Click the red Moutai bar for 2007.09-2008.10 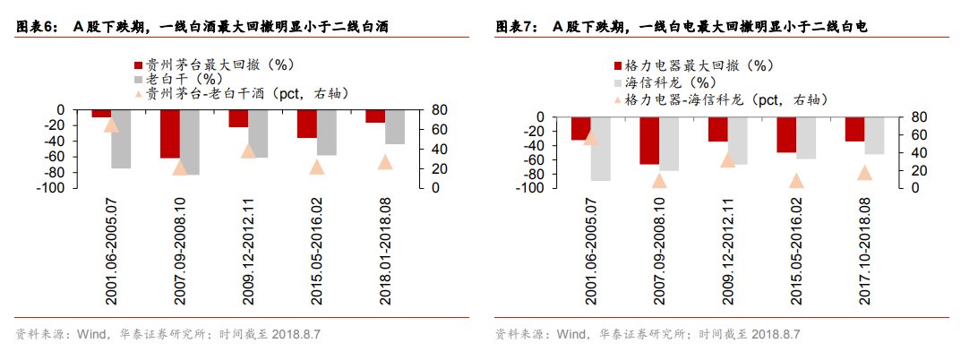tap(170, 133)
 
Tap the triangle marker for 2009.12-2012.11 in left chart tap(249, 150)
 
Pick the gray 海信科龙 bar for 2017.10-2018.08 tap(874, 135)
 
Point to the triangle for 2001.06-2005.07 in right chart tap(590, 137)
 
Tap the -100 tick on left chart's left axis tap(54, 188)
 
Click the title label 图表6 tap(36, 28)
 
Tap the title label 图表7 tap(515, 28)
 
